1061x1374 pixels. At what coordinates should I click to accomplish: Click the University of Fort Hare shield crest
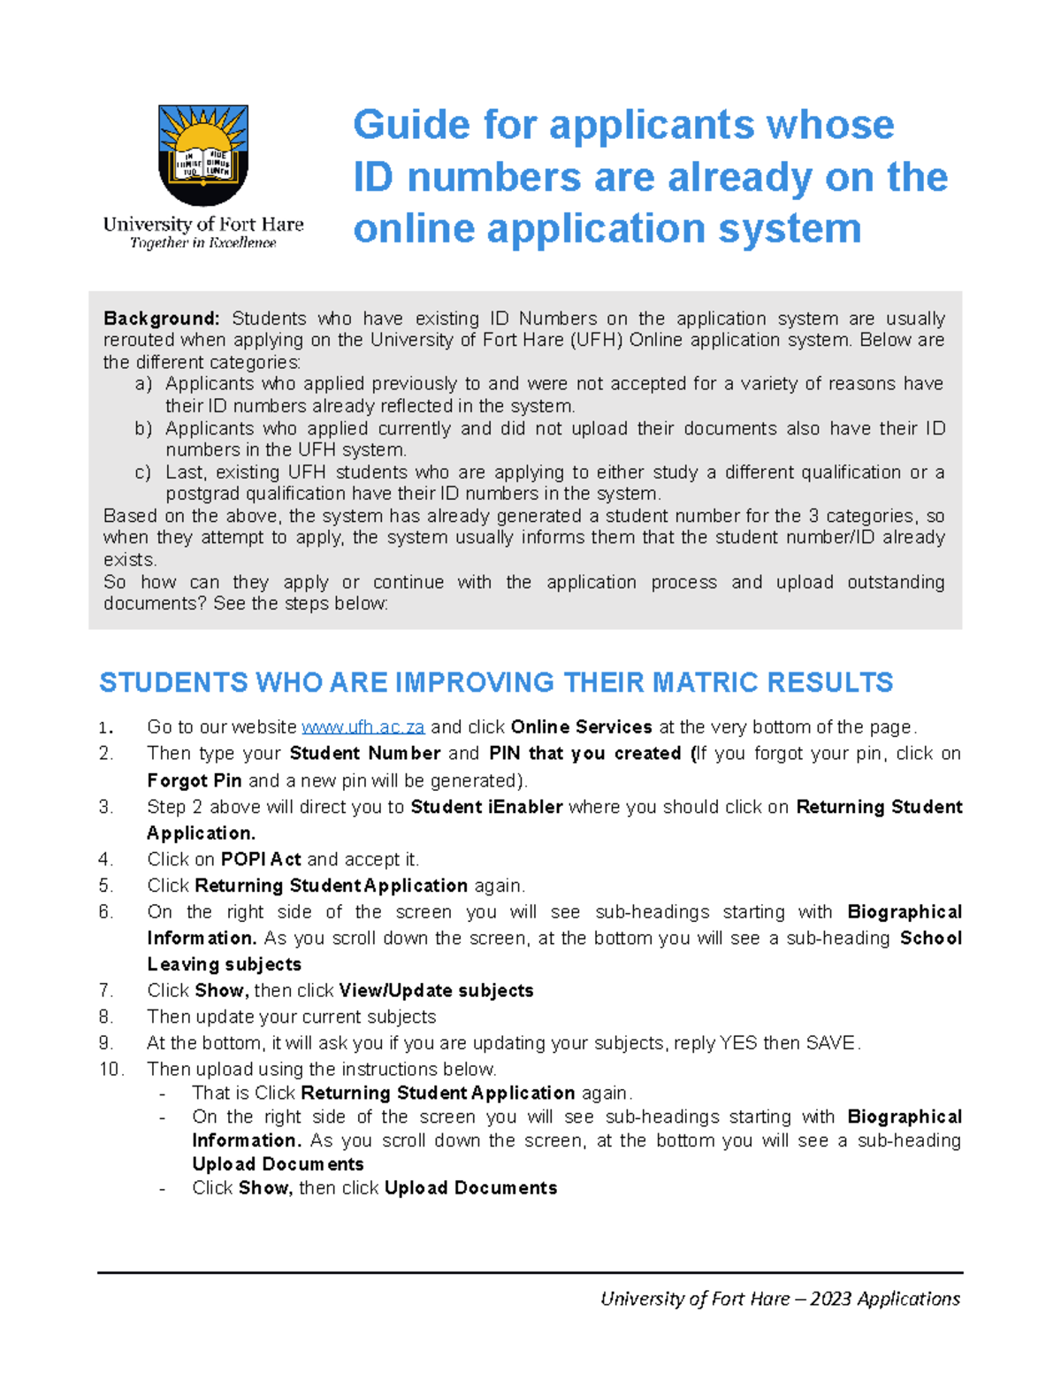203,155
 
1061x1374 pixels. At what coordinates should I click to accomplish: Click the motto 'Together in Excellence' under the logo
202,243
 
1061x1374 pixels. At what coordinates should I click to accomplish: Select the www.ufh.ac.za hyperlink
363,727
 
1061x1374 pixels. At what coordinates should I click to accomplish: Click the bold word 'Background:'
161,319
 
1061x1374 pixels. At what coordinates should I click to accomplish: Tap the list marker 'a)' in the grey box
143,384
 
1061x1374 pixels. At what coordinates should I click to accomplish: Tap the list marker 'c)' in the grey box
143,472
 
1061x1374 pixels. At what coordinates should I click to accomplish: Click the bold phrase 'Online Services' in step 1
581,727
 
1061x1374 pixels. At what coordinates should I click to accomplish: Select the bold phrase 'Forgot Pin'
194,780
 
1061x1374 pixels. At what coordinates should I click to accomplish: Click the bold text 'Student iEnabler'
486,807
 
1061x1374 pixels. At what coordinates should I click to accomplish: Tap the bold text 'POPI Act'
261,859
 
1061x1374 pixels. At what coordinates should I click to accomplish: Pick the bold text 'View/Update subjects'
436,991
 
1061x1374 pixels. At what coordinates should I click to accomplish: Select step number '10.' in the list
111,1070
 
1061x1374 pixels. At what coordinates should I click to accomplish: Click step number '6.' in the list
106,912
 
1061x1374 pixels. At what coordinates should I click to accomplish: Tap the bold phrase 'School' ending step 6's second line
930,938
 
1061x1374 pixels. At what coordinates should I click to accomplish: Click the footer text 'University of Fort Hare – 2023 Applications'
780,1299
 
